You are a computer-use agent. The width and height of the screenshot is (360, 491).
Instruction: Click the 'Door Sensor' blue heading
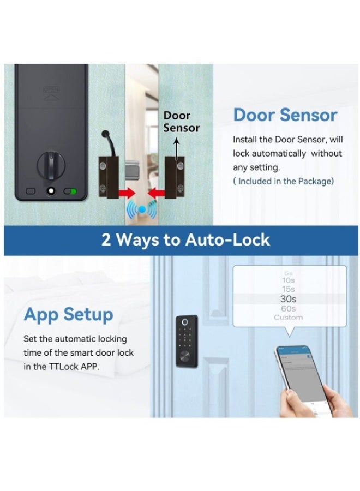point(285,116)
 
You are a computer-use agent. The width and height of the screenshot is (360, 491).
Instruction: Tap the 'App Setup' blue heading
point(68,315)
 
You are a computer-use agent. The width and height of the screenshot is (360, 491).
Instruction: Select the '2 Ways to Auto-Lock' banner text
point(185,240)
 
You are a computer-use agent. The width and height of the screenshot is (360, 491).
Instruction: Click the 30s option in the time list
point(289,299)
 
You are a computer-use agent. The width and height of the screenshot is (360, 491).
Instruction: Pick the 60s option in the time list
point(289,309)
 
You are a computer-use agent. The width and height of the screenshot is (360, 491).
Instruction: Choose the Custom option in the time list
point(289,318)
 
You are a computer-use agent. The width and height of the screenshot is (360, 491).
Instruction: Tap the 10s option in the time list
point(289,280)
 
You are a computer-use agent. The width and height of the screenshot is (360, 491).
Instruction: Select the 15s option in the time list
point(289,289)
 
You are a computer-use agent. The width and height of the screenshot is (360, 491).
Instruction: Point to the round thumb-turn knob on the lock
point(50,164)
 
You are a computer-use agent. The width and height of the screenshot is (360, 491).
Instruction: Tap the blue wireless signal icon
point(141,209)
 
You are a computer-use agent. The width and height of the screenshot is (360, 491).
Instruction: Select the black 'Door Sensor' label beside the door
point(181,122)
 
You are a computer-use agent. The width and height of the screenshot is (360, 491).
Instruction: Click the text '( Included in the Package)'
point(283,181)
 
